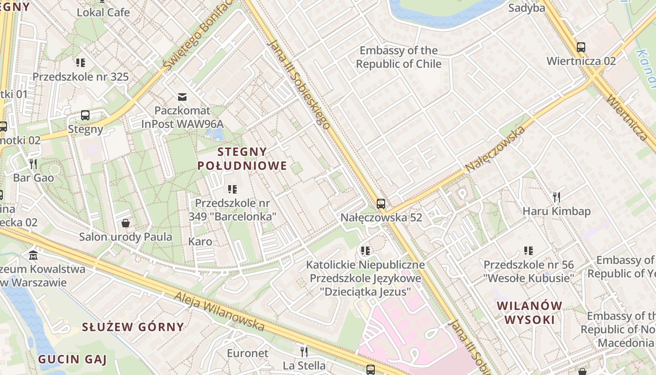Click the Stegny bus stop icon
85,115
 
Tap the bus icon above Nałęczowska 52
381,204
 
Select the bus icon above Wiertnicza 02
581,47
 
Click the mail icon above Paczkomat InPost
182,97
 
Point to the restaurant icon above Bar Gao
33,164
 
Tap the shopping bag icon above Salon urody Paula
125,223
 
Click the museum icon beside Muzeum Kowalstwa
33,256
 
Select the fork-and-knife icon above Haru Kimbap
556,197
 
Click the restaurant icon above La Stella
304,351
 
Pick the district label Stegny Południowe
242,158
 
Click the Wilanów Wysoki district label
529,313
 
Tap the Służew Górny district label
133,327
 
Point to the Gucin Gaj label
72,360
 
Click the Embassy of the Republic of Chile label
399,57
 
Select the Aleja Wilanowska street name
219,311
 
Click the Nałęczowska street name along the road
495,149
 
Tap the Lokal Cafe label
103,12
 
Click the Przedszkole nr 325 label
81,76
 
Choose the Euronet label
247,353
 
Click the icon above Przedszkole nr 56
529,251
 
